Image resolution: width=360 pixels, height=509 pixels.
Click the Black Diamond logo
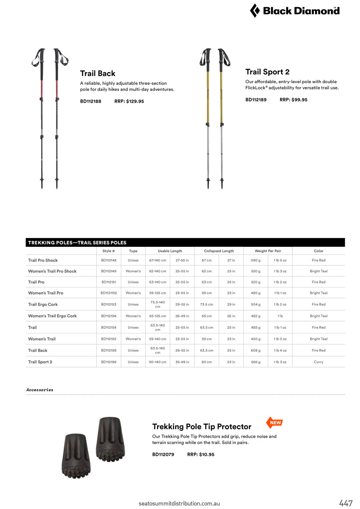point(295,11)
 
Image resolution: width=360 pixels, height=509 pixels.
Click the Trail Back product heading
point(98,73)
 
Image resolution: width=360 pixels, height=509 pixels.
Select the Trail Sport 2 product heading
point(267,72)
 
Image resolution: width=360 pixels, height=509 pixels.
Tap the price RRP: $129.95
point(129,101)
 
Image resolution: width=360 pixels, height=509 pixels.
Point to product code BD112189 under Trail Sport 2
point(256,100)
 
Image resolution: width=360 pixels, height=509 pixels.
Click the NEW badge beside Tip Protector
point(275,422)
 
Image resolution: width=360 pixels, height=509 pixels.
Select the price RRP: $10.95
point(201,454)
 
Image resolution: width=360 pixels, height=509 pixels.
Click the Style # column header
point(109,251)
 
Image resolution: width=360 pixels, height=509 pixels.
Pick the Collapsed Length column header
point(219,251)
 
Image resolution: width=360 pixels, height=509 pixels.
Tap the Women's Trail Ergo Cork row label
point(52,316)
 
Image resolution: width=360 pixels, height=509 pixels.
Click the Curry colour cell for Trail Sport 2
point(318,362)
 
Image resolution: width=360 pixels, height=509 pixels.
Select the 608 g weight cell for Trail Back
point(256,350)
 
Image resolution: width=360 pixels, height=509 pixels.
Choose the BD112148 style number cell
point(109,260)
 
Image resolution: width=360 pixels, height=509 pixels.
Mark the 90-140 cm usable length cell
point(157,362)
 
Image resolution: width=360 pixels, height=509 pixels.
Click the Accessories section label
point(40,390)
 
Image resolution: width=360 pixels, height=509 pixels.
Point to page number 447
point(346,503)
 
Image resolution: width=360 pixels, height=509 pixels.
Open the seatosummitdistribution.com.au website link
point(179,503)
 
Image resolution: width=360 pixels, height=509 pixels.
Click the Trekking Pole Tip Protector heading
point(202,426)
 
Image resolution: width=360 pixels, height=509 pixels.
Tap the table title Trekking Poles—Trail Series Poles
point(77,243)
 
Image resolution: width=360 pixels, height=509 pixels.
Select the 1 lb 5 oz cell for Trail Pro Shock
point(280,260)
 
